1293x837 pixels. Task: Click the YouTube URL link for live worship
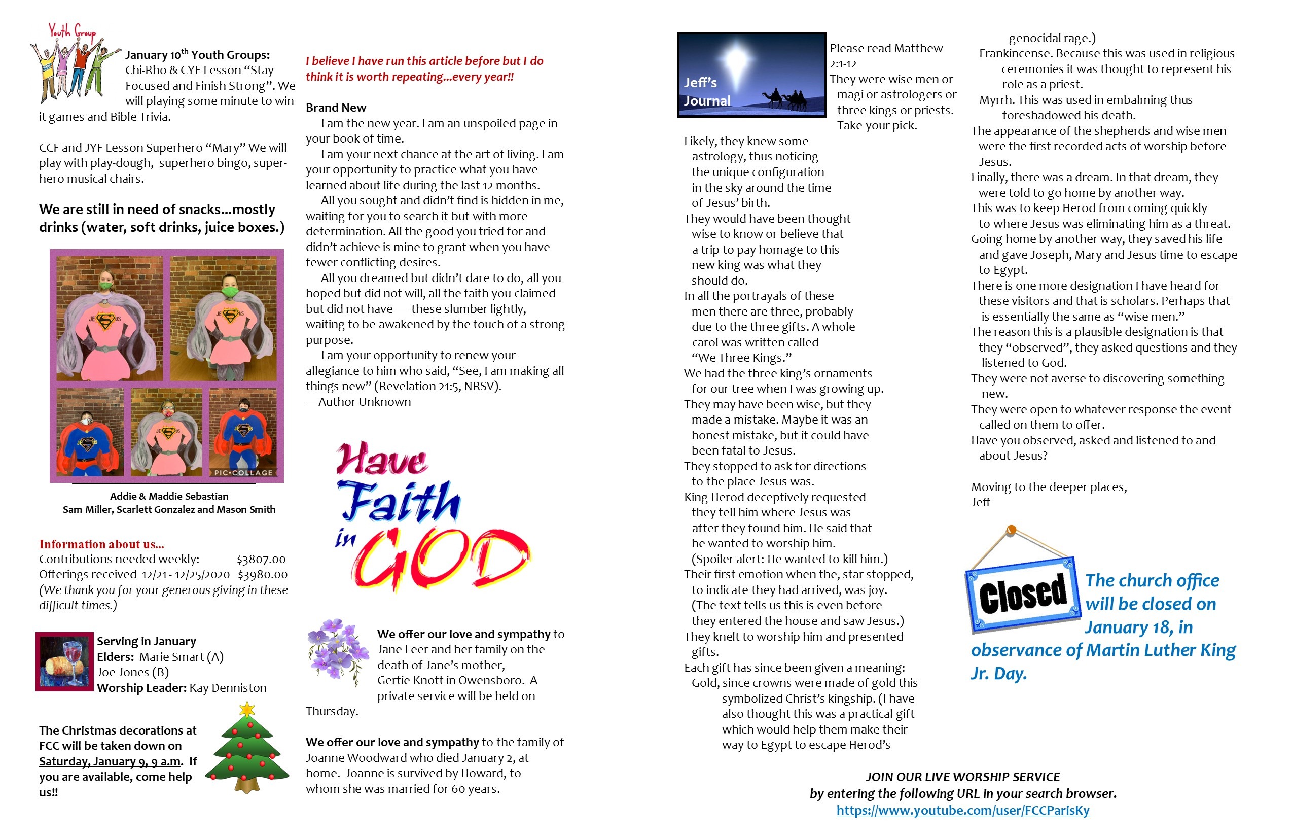(x=963, y=811)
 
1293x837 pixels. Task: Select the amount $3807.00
(x=261, y=559)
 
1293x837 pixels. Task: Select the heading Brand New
(x=336, y=108)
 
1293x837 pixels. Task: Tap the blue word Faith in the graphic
(x=400, y=502)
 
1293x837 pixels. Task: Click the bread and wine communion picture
(x=65, y=661)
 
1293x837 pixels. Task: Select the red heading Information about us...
(x=101, y=544)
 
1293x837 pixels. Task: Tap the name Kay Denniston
(x=228, y=688)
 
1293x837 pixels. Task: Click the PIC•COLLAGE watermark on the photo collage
(x=243, y=472)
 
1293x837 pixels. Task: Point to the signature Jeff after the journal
(x=981, y=502)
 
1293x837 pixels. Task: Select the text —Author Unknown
(x=358, y=402)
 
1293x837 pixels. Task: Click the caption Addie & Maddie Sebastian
(x=169, y=496)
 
